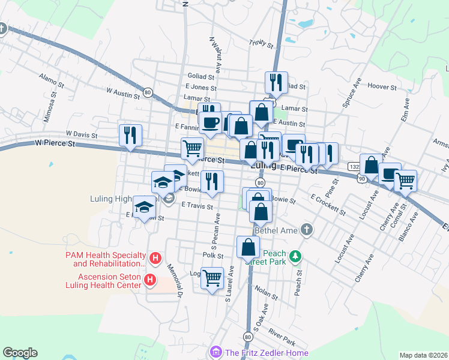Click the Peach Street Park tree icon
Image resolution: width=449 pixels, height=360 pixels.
(295, 257)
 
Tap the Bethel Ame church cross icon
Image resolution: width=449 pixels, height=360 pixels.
(307, 229)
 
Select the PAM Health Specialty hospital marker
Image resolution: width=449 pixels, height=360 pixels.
(155, 259)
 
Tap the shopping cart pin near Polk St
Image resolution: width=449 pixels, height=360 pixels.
(212, 278)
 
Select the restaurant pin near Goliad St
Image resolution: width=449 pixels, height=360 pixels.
(276, 82)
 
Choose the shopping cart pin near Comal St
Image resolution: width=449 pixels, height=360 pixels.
(406, 180)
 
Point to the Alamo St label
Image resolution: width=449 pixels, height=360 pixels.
(47, 77)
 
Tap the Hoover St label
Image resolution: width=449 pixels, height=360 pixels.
(382, 86)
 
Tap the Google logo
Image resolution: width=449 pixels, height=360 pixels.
(20, 353)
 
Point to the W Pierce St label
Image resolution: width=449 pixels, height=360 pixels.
(55, 143)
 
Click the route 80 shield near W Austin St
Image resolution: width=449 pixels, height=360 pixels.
(148, 93)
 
